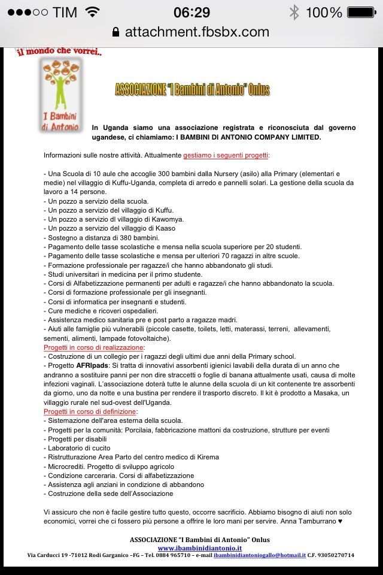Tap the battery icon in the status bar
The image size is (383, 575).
coord(363,12)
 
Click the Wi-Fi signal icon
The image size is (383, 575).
coord(93,12)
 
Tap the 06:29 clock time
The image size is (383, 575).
coord(191,12)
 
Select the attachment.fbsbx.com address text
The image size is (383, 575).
coord(197,32)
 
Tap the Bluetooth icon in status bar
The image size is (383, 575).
coord(294,12)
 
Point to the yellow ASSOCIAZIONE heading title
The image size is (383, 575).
coord(192,90)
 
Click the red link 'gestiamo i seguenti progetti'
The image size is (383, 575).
coord(226,155)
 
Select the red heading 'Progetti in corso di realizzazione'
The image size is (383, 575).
coord(93,347)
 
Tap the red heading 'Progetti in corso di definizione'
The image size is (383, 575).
coord(90,412)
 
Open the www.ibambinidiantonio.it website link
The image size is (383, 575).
coord(199,547)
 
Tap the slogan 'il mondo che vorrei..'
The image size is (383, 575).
coord(59,52)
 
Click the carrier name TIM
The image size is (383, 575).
coord(65,12)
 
